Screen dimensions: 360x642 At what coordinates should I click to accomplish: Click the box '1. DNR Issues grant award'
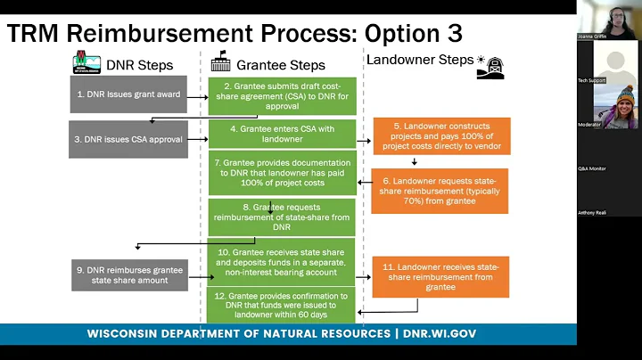pyautogui.click(x=128, y=94)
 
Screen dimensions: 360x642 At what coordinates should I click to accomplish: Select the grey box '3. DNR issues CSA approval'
pyautogui.click(x=128, y=140)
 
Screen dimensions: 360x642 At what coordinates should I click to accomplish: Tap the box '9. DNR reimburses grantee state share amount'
pyautogui.click(x=128, y=274)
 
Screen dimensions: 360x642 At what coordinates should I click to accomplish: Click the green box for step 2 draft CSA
pyautogui.click(x=282, y=94)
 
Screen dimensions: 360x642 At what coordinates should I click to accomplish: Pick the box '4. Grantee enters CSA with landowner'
pyautogui.click(x=282, y=134)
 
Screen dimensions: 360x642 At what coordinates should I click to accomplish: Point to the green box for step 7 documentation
pyautogui.click(x=282, y=173)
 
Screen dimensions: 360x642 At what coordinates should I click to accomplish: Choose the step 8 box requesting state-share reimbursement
pyautogui.click(x=282, y=216)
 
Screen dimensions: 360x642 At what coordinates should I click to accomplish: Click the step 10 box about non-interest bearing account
pyautogui.click(x=282, y=261)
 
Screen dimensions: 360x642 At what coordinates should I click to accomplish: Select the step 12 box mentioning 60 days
pyautogui.click(x=282, y=305)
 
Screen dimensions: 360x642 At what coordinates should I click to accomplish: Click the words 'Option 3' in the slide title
pyautogui.click(x=413, y=33)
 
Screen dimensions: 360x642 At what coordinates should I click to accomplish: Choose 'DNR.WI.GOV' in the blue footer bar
pyautogui.click(x=442, y=333)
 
